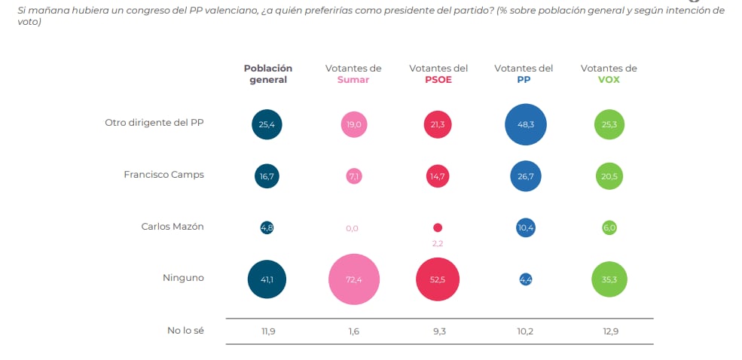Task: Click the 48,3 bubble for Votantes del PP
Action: click(x=525, y=124)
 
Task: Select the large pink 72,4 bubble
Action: click(x=353, y=279)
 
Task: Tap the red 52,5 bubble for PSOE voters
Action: click(x=438, y=279)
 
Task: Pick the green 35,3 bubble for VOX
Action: click(x=609, y=279)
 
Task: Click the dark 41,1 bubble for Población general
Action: click(x=267, y=279)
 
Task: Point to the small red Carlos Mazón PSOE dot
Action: click(x=438, y=227)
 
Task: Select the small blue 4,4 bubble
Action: click(x=525, y=279)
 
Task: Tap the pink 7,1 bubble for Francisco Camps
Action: click(x=353, y=175)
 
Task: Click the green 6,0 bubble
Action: click(x=609, y=227)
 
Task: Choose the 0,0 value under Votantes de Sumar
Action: click(x=352, y=228)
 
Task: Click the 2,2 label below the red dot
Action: click(x=438, y=244)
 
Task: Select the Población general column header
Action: click(x=267, y=74)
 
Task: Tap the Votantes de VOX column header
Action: click(x=609, y=74)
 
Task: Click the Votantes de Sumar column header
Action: click(x=353, y=74)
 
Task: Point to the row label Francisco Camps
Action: click(x=163, y=174)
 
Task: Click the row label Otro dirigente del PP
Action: click(x=154, y=123)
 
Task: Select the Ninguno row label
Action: click(x=183, y=278)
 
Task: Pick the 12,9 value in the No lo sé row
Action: click(x=609, y=330)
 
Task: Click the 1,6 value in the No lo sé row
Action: click(x=353, y=330)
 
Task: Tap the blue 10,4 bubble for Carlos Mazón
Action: click(x=525, y=227)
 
